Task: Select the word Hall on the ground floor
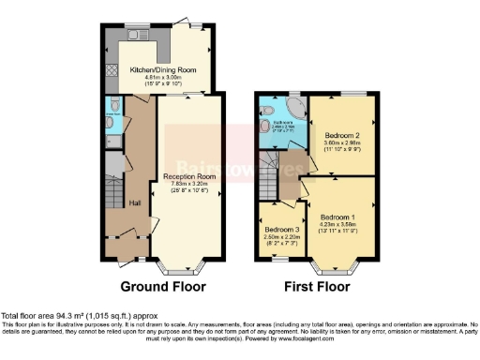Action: [134, 202]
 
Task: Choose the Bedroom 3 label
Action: [281, 230]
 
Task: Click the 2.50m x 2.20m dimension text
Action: [281, 237]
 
